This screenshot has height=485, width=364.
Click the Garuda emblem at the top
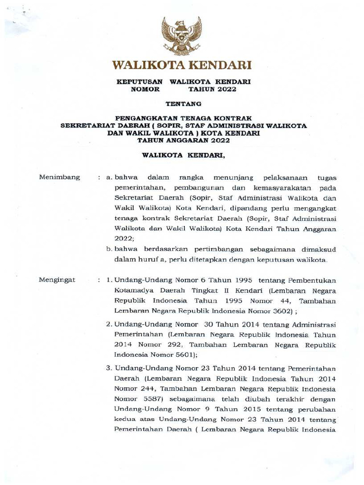(182, 36)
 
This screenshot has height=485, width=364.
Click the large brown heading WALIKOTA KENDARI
(182, 65)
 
